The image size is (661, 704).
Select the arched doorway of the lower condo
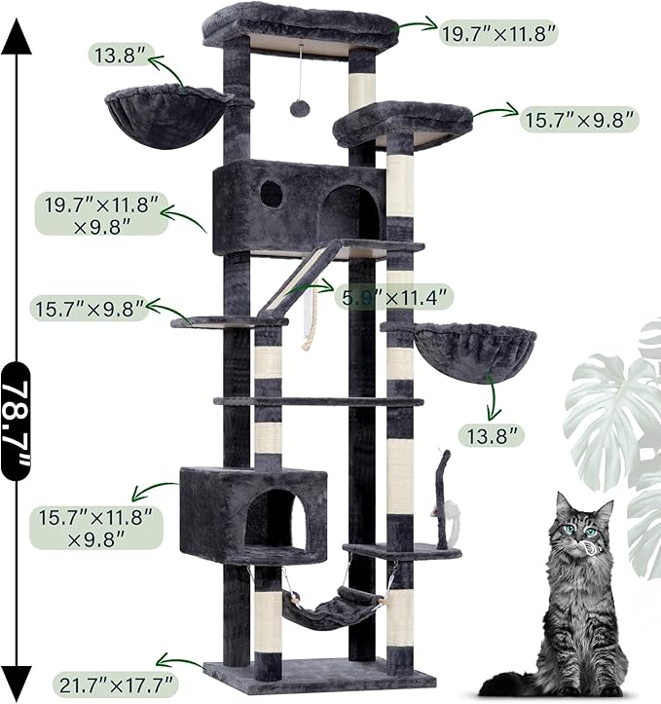(274, 517)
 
